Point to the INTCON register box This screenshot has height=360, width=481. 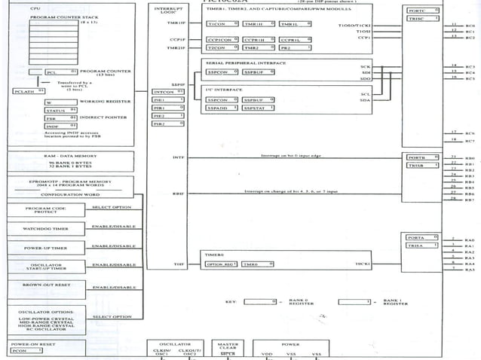(168, 91)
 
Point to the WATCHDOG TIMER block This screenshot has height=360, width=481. (46, 227)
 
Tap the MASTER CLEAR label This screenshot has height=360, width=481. (229, 346)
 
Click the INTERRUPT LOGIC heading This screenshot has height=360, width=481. (168, 11)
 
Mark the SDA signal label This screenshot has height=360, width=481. (365, 100)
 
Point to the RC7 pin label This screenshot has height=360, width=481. (470, 141)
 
